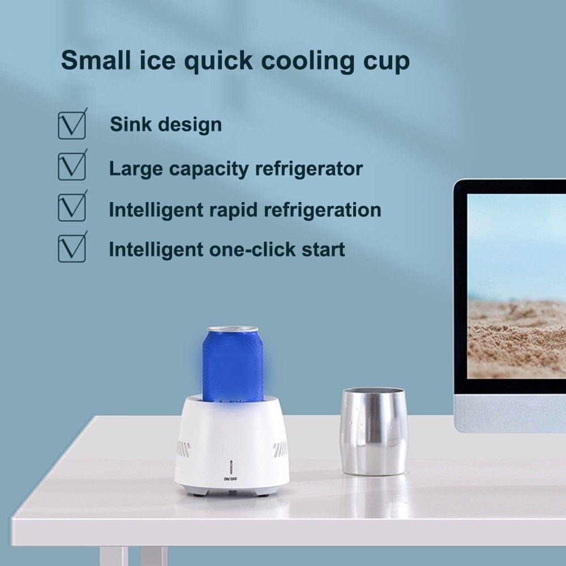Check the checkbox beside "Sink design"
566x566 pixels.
click(72, 125)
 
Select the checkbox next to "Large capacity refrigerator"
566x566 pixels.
click(72, 166)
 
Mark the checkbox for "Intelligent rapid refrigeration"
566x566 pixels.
click(72, 208)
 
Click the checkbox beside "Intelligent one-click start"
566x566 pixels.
click(72, 248)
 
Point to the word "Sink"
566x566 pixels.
click(130, 124)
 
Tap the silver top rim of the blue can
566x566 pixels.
click(233, 329)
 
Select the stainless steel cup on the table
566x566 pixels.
click(375, 431)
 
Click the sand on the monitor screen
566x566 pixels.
click(515, 340)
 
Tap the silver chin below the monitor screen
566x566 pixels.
click(509, 413)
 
